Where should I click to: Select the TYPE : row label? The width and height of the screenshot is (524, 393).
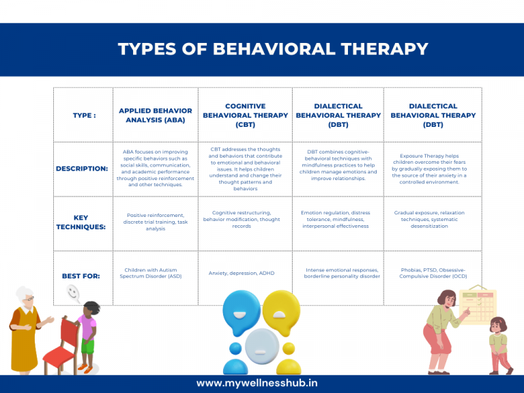pos(84,115)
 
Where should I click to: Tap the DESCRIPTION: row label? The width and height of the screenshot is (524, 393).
pos(82,169)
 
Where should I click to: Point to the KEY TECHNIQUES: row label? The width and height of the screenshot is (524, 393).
pos(81,222)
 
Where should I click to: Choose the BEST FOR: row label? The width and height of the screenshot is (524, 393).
pos(81,276)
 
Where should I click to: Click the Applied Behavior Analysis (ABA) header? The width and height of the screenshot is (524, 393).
pos(155,115)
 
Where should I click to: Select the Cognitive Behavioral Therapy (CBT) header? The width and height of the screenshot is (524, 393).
pos(245,115)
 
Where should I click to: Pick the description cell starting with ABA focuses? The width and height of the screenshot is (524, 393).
pos(155,169)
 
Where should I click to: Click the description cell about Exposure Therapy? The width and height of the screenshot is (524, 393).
pos(433,169)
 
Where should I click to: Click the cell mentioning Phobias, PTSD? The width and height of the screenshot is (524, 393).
pos(433,273)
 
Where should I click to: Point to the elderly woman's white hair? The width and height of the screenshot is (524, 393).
pos(26,295)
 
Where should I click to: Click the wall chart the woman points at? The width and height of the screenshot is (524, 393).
pos(478,305)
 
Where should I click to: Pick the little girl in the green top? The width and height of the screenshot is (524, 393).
pos(499,345)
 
